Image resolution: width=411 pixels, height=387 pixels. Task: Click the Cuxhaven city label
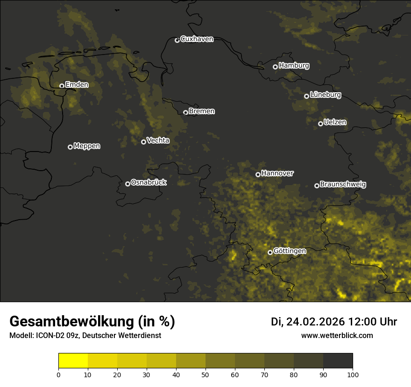(x=197, y=39)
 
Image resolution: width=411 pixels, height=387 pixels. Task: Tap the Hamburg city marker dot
(x=275, y=67)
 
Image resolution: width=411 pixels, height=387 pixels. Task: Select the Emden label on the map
(x=77, y=85)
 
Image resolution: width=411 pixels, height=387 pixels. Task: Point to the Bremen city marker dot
(x=185, y=112)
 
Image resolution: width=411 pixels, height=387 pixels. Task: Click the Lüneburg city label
(x=325, y=95)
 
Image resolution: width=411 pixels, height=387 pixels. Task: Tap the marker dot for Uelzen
(x=320, y=124)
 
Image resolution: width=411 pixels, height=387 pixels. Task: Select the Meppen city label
(x=87, y=146)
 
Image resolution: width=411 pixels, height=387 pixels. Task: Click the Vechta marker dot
(x=143, y=142)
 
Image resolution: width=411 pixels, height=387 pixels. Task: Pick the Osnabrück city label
(x=149, y=183)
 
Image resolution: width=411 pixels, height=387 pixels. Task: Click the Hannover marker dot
(x=258, y=174)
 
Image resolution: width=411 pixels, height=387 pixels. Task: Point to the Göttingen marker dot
(x=270, y=252)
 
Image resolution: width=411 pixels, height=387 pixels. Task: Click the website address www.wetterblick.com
(x=337, y=335)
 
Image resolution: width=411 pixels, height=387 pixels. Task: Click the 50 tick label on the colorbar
(x=205, y=375)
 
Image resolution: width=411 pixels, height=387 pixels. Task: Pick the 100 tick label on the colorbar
(x=352, y=375)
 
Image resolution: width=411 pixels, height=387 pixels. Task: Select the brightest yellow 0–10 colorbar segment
(x=73, y=361)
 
